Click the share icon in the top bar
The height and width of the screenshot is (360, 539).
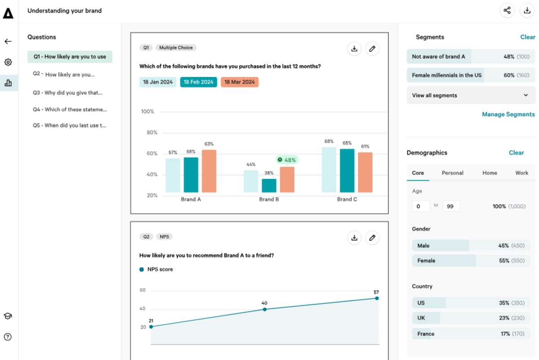click(507, 10)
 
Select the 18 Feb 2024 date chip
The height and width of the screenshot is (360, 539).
click(199, 82)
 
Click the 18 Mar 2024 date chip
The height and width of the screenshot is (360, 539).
click(239, 82)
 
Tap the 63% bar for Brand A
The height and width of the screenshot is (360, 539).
click(209, 171)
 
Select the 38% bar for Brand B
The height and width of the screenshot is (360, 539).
click(269, 186)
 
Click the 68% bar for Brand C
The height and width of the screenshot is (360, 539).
click(329, 170)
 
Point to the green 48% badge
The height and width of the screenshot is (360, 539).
click(287, 160)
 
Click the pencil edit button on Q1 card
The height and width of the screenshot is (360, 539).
click(372, 49)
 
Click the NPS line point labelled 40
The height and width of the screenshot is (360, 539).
click(265, 309)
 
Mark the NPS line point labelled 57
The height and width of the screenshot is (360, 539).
click(376, 298)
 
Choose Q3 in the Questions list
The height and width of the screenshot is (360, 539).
click(67, 93)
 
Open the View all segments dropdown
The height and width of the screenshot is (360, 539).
click(471, 95)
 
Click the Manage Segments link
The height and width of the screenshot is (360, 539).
click(508, 114)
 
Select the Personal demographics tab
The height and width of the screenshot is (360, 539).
click(452, 173)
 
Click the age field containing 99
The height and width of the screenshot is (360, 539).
click(451, 206)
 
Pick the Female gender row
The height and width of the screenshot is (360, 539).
click(471, 261)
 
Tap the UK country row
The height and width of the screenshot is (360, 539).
click(471, 318)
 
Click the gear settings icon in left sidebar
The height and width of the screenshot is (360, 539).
click(8, 62)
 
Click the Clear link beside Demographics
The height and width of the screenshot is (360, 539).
click(516, 153)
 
